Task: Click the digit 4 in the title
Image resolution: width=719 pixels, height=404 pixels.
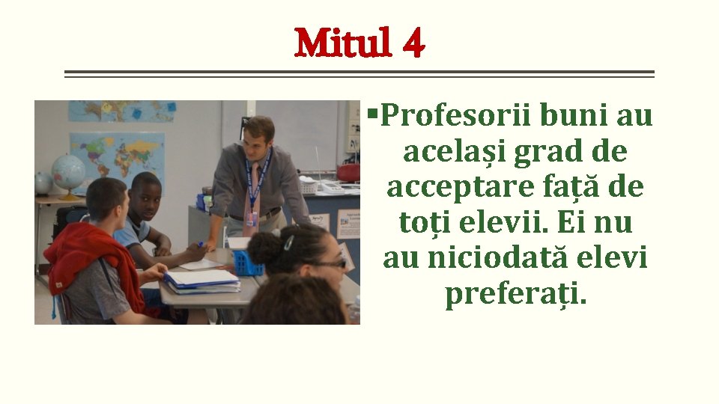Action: [x=413, y=45]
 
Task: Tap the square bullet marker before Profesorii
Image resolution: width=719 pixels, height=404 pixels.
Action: [x=372, y=114]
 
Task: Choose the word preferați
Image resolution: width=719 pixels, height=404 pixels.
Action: [x=516, y=294]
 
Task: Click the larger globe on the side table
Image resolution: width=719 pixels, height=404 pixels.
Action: [x=69, y=173]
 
